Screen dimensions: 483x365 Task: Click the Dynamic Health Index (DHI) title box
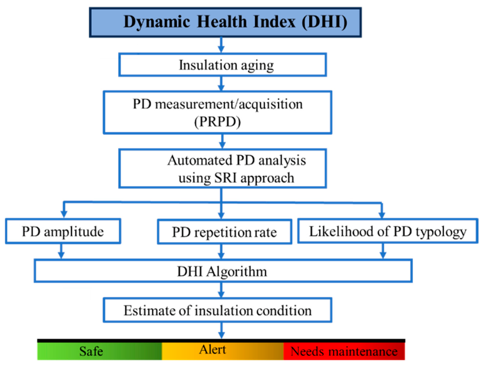click(225, 23)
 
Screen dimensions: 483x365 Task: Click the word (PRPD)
click(218, 122)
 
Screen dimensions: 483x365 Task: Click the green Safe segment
click(100, 351)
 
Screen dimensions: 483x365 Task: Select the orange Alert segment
click(223, 351)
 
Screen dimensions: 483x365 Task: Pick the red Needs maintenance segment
click(344, 351)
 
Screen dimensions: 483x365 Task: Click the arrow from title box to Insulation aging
click(221, 45)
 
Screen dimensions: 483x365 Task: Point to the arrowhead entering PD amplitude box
click(64, 214)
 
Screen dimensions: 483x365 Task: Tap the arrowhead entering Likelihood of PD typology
click(382, 214)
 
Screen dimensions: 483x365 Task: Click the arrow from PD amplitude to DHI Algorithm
click(61, 251)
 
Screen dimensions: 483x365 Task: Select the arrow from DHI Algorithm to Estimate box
click(221, 290)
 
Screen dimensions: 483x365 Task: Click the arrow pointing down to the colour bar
click(221, 330)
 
